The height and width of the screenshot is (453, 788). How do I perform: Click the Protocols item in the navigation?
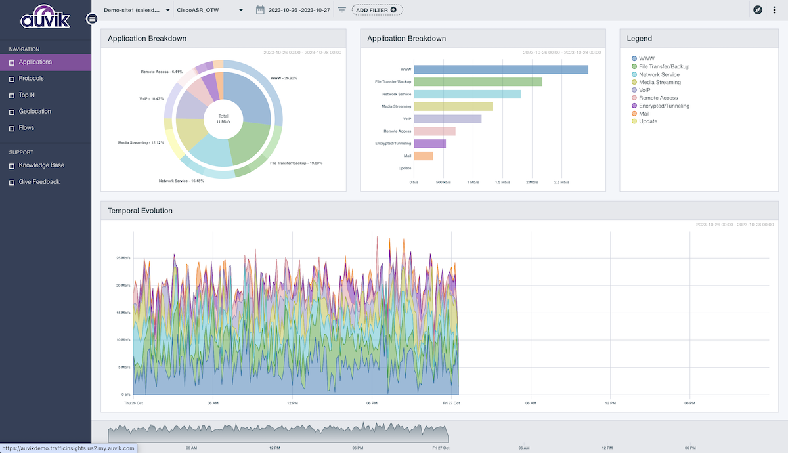point(32,79)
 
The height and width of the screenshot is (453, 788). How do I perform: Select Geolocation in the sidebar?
point(34,112)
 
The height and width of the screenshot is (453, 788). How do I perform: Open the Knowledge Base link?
point(41,165)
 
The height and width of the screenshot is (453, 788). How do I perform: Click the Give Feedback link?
point(39,182)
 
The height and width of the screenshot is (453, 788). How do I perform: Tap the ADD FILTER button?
point(377,10)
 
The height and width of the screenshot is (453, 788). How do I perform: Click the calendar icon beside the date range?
point(260,10)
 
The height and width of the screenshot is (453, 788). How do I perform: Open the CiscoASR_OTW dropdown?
point(210,10)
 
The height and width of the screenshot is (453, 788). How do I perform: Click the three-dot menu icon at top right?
point(774,10)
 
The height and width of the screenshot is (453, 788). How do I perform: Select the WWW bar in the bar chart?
point(500,70)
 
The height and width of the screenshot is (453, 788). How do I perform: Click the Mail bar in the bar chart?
point(423,156)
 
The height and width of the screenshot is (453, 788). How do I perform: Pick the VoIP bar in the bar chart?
point(447,119)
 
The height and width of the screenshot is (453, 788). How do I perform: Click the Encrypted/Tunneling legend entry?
point(664,106)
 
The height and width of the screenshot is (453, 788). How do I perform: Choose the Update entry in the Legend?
point(647,121)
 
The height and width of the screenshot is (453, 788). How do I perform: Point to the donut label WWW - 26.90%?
point(284,78)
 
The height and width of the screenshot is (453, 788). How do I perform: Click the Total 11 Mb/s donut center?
point(223,119)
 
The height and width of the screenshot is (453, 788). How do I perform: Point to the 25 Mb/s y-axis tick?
point(123,258)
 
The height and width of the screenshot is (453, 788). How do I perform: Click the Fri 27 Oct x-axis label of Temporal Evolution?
point(451,402)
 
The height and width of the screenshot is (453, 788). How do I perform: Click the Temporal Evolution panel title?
point(140,211)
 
